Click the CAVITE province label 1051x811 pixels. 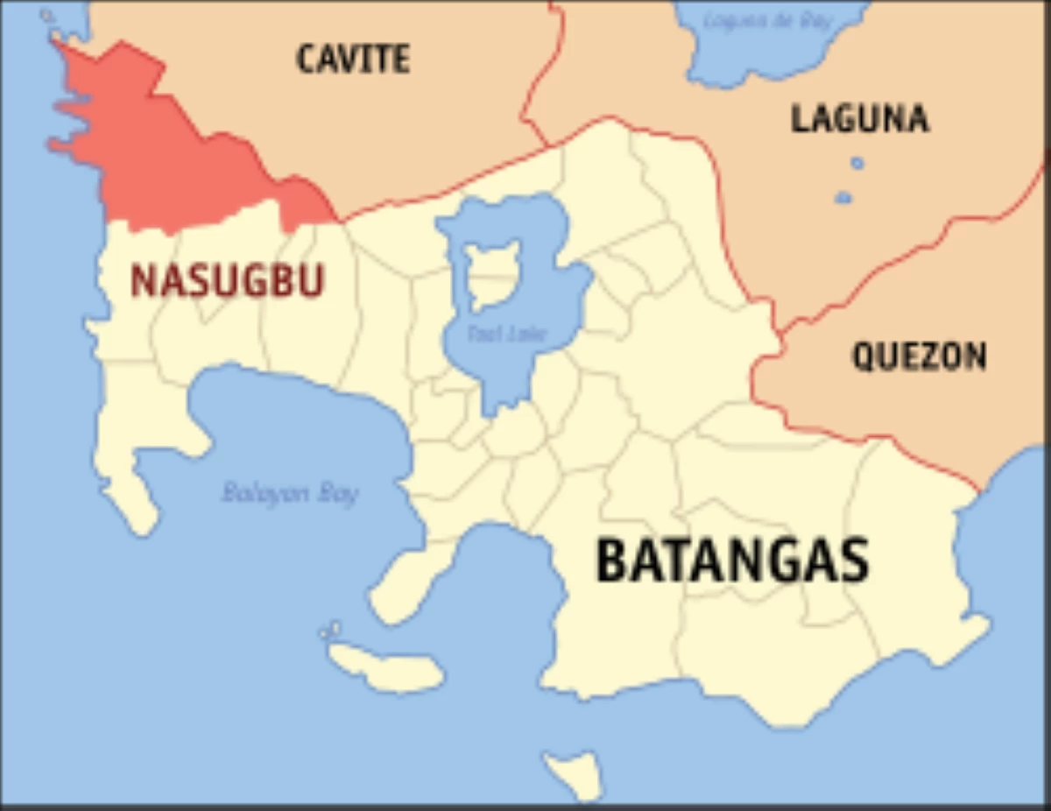[353, 59]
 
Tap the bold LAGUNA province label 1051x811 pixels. [859, 118]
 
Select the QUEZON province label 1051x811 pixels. [919, 356]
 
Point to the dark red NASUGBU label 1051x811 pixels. [228, 281]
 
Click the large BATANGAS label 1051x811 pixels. [732, 561]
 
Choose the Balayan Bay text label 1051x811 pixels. [290, 493]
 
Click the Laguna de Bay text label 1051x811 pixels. [768, 20]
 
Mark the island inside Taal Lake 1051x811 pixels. [492, 272]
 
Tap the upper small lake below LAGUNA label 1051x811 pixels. [857, 163]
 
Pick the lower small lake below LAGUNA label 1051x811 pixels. [843, 198]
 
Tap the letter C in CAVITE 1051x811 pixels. [307, 59]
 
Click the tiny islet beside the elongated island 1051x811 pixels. [331, 630]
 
